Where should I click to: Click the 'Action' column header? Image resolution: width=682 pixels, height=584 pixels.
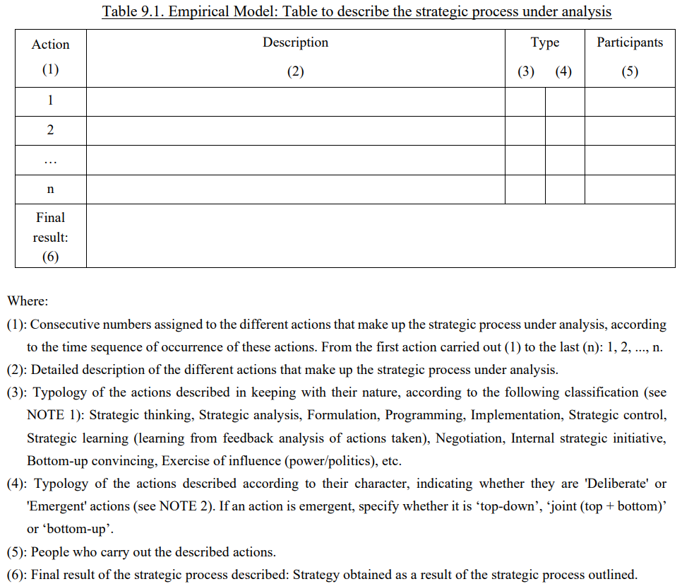click(50, 45)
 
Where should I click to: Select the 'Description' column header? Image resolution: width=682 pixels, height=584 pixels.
click(295, 42)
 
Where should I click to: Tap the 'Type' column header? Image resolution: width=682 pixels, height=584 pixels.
click(544, 42)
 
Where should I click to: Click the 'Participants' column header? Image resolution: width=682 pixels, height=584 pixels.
click(630, 42)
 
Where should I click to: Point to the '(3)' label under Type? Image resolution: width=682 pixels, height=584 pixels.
click(526, 71)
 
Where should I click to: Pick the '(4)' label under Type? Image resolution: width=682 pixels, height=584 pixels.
click(563, 71)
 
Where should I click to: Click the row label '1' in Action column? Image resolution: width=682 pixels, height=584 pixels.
click(50, 100)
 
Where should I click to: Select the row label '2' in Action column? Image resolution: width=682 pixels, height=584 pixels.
click(50, 130)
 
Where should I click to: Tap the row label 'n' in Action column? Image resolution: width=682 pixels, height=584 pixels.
click(50, 189)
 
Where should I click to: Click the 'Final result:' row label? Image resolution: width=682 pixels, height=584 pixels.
click(50, 228)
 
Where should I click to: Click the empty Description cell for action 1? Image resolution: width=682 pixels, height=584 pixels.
click(295, 101)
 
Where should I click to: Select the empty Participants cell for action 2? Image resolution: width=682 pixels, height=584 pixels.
click(630, 130)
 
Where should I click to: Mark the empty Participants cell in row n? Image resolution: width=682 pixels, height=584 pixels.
click(630, 189)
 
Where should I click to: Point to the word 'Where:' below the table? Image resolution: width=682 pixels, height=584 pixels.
click(28, 301)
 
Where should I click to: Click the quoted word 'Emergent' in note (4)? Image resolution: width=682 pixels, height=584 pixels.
click(54, 507)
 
